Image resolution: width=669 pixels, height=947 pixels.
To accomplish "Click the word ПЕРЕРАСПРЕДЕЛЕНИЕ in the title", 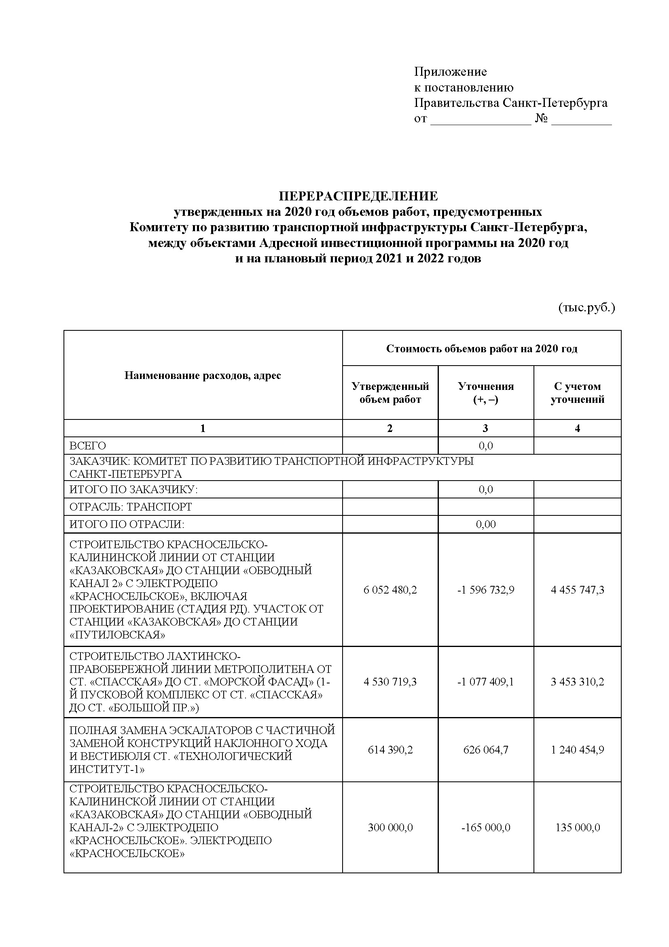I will pyautogui.click(x=358, y=196).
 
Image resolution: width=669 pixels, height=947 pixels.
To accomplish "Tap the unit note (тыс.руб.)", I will pyautogui.click(x=586, y=308).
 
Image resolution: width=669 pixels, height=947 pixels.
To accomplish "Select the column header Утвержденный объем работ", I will pyautogui.click(x=390, y=393).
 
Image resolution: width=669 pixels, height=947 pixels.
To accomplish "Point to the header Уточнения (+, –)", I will pyautogui.click(x=486, y=393).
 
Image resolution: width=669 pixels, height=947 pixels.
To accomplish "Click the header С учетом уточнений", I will pyautogui.click(x=577, y=393).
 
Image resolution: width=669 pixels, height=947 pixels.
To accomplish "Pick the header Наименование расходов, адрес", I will pyautogui.click(x=203, y=375).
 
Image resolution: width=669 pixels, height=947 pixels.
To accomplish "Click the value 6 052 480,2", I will pyautogui.click(x=390, y=590).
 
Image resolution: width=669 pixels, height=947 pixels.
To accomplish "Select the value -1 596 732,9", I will pyautogui.click(x=486, y=590).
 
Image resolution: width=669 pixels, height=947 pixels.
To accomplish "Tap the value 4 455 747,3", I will pyautogui.click(x=578, y=590).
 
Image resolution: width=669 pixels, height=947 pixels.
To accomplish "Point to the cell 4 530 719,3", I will pyautogui.click(x=390, y=682).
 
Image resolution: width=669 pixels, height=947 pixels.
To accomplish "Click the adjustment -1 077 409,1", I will pyautogui.click(x=486, y=682).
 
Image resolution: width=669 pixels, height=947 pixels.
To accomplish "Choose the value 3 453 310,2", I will pyautogui.click(x=578, y=682).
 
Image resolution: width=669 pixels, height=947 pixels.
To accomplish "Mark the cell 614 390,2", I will pyautogui.click(x=390, y=750).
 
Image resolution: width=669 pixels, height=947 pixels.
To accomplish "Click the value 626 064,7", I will pyautogui.click(x=486, y=750).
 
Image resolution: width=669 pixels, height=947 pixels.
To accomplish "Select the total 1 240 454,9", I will pyautogui.click(x=578, y=750).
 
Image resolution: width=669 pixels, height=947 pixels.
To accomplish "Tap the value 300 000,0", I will pyautogui.click(x=390, y=828).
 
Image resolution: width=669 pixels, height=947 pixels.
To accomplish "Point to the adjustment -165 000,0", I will pyautogui.click(x=486, y=828).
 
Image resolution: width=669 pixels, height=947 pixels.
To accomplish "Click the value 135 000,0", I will pyautogui.click(x=578, y=828).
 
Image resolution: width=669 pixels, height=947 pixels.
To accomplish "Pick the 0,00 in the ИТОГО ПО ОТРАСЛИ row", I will pyautogui.click(x=486, y=524).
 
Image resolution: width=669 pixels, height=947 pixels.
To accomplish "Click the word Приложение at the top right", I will pyautogui.click(x=450, y=72).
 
